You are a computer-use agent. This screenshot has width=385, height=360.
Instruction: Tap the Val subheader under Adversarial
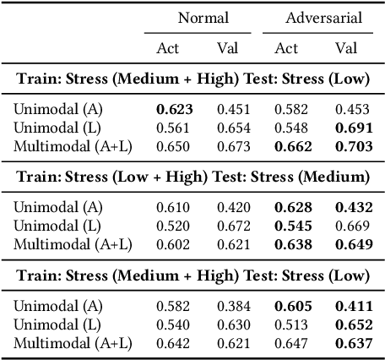coord(346,47)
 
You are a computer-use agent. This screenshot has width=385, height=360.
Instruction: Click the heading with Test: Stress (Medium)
coord(192,177)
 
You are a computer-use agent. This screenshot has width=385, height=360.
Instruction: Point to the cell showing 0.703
coord(351,146)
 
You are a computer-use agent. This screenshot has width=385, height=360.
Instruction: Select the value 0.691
coord(351,127)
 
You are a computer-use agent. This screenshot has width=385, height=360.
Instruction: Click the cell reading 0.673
coord(231,146)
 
